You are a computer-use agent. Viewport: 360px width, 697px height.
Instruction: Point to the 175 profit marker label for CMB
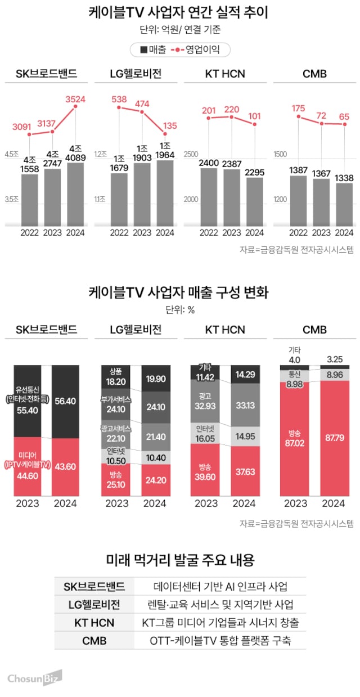coord(299,109)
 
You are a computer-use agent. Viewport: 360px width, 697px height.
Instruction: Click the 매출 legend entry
coord(150,50)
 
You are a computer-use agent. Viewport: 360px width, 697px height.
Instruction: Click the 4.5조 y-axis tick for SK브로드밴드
coord(11,154)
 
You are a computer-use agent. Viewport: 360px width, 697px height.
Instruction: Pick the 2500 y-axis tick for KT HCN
coord(191,154)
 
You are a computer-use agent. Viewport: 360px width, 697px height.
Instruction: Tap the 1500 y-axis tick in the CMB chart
coord(280,154)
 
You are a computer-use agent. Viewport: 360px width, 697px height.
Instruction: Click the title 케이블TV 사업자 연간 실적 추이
coord(179,12)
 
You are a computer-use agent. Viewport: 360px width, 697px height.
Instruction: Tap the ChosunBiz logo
coord(34,678)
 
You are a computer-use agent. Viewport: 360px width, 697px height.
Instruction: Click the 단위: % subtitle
coord(180,309)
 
